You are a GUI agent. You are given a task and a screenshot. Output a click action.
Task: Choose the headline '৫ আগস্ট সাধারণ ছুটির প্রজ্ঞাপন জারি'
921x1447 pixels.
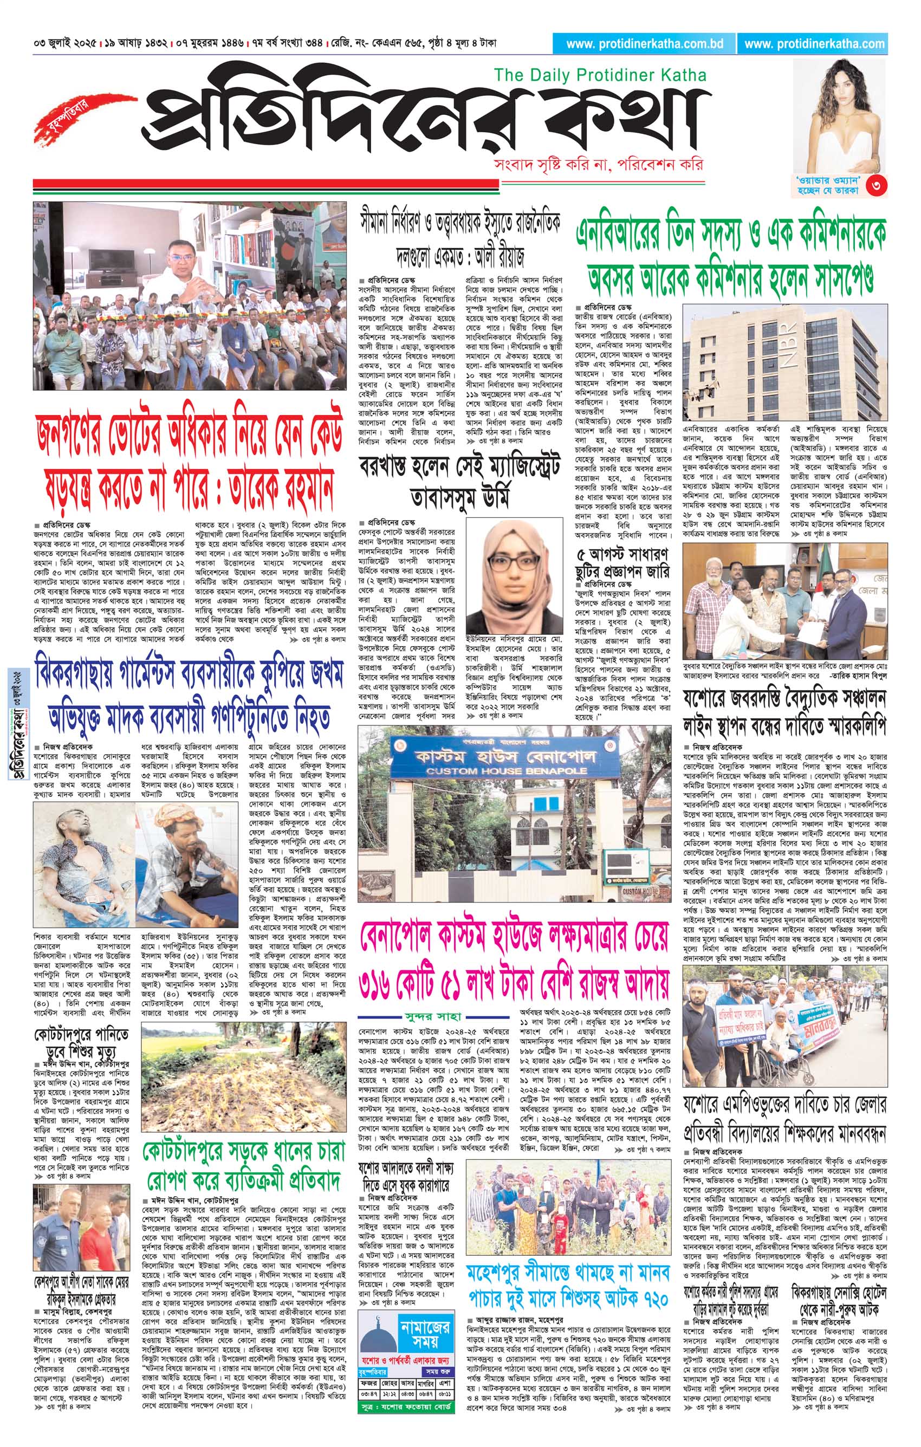point(623,561)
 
